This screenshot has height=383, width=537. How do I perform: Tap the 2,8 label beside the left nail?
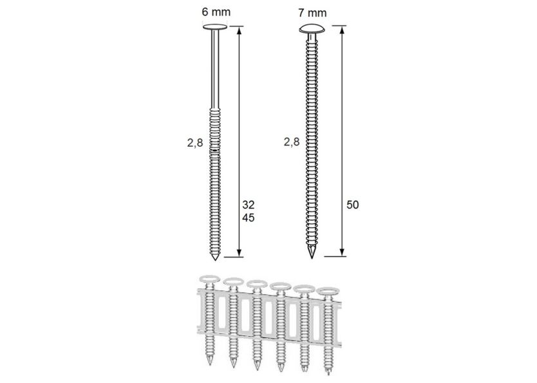(x=195, y=144)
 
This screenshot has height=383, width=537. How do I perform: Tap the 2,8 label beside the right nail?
(x=291, y=144)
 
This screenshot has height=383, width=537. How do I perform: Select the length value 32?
(x=248, y=205)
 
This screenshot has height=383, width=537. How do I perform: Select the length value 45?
(x=248, y=218)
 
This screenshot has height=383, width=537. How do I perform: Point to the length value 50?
(x=352, y=205)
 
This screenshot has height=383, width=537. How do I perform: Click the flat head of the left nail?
(x=214, y=27)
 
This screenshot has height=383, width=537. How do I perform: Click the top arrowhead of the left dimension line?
(x=239, y=30)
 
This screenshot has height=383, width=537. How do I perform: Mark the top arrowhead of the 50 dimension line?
(x=341, y=30)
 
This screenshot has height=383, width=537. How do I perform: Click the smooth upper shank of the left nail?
(x=214, y=64)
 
